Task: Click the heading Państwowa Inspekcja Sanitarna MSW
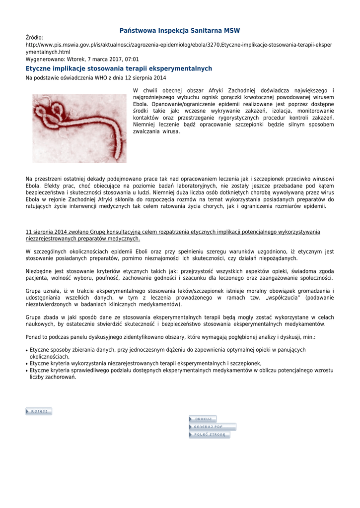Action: point(180,31)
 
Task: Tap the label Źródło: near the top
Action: point(34,38)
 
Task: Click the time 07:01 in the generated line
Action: point(132,59)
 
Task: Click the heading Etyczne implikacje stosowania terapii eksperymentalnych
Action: point(119,68)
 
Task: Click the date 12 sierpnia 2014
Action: point(144,78)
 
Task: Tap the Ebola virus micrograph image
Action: point(79,128)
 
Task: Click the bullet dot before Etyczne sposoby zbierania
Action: point(26,350)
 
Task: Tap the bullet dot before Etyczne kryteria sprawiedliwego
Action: point(26,371)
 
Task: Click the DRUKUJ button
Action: point(203,419)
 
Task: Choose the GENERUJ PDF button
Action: point(212,427)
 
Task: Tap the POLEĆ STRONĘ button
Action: point(209,435)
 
